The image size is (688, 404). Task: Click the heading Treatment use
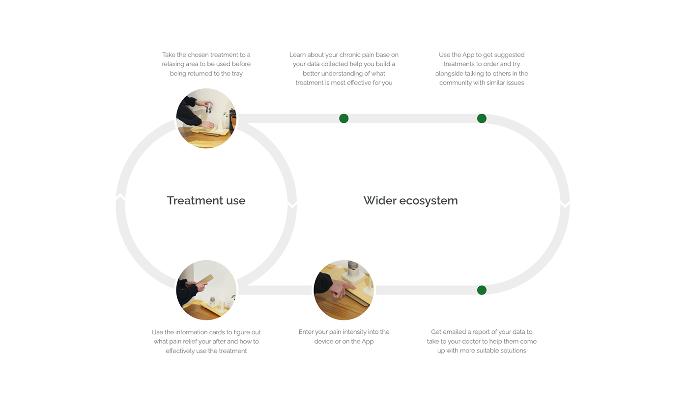tap(206, 201)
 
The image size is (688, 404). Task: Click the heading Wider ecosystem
tap(410, 201)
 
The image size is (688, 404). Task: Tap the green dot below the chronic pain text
tap(344, 118)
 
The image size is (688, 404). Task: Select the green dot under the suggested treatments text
tap(482, 118)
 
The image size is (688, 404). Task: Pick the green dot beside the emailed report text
tap(482, 290)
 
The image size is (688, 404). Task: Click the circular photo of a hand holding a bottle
tap(206, 118)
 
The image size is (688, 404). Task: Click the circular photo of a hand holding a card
tap(206, 290)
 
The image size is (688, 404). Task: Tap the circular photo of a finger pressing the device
tap(344, 290)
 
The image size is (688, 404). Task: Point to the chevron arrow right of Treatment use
tap(292, 203)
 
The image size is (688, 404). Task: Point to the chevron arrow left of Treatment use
tap(120, 197)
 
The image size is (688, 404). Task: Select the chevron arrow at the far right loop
tap(565, 203)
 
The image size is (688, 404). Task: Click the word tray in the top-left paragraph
tap(237, 74)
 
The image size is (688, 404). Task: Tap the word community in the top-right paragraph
tap(455, 83)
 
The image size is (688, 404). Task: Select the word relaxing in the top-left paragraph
tap(175, 64)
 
